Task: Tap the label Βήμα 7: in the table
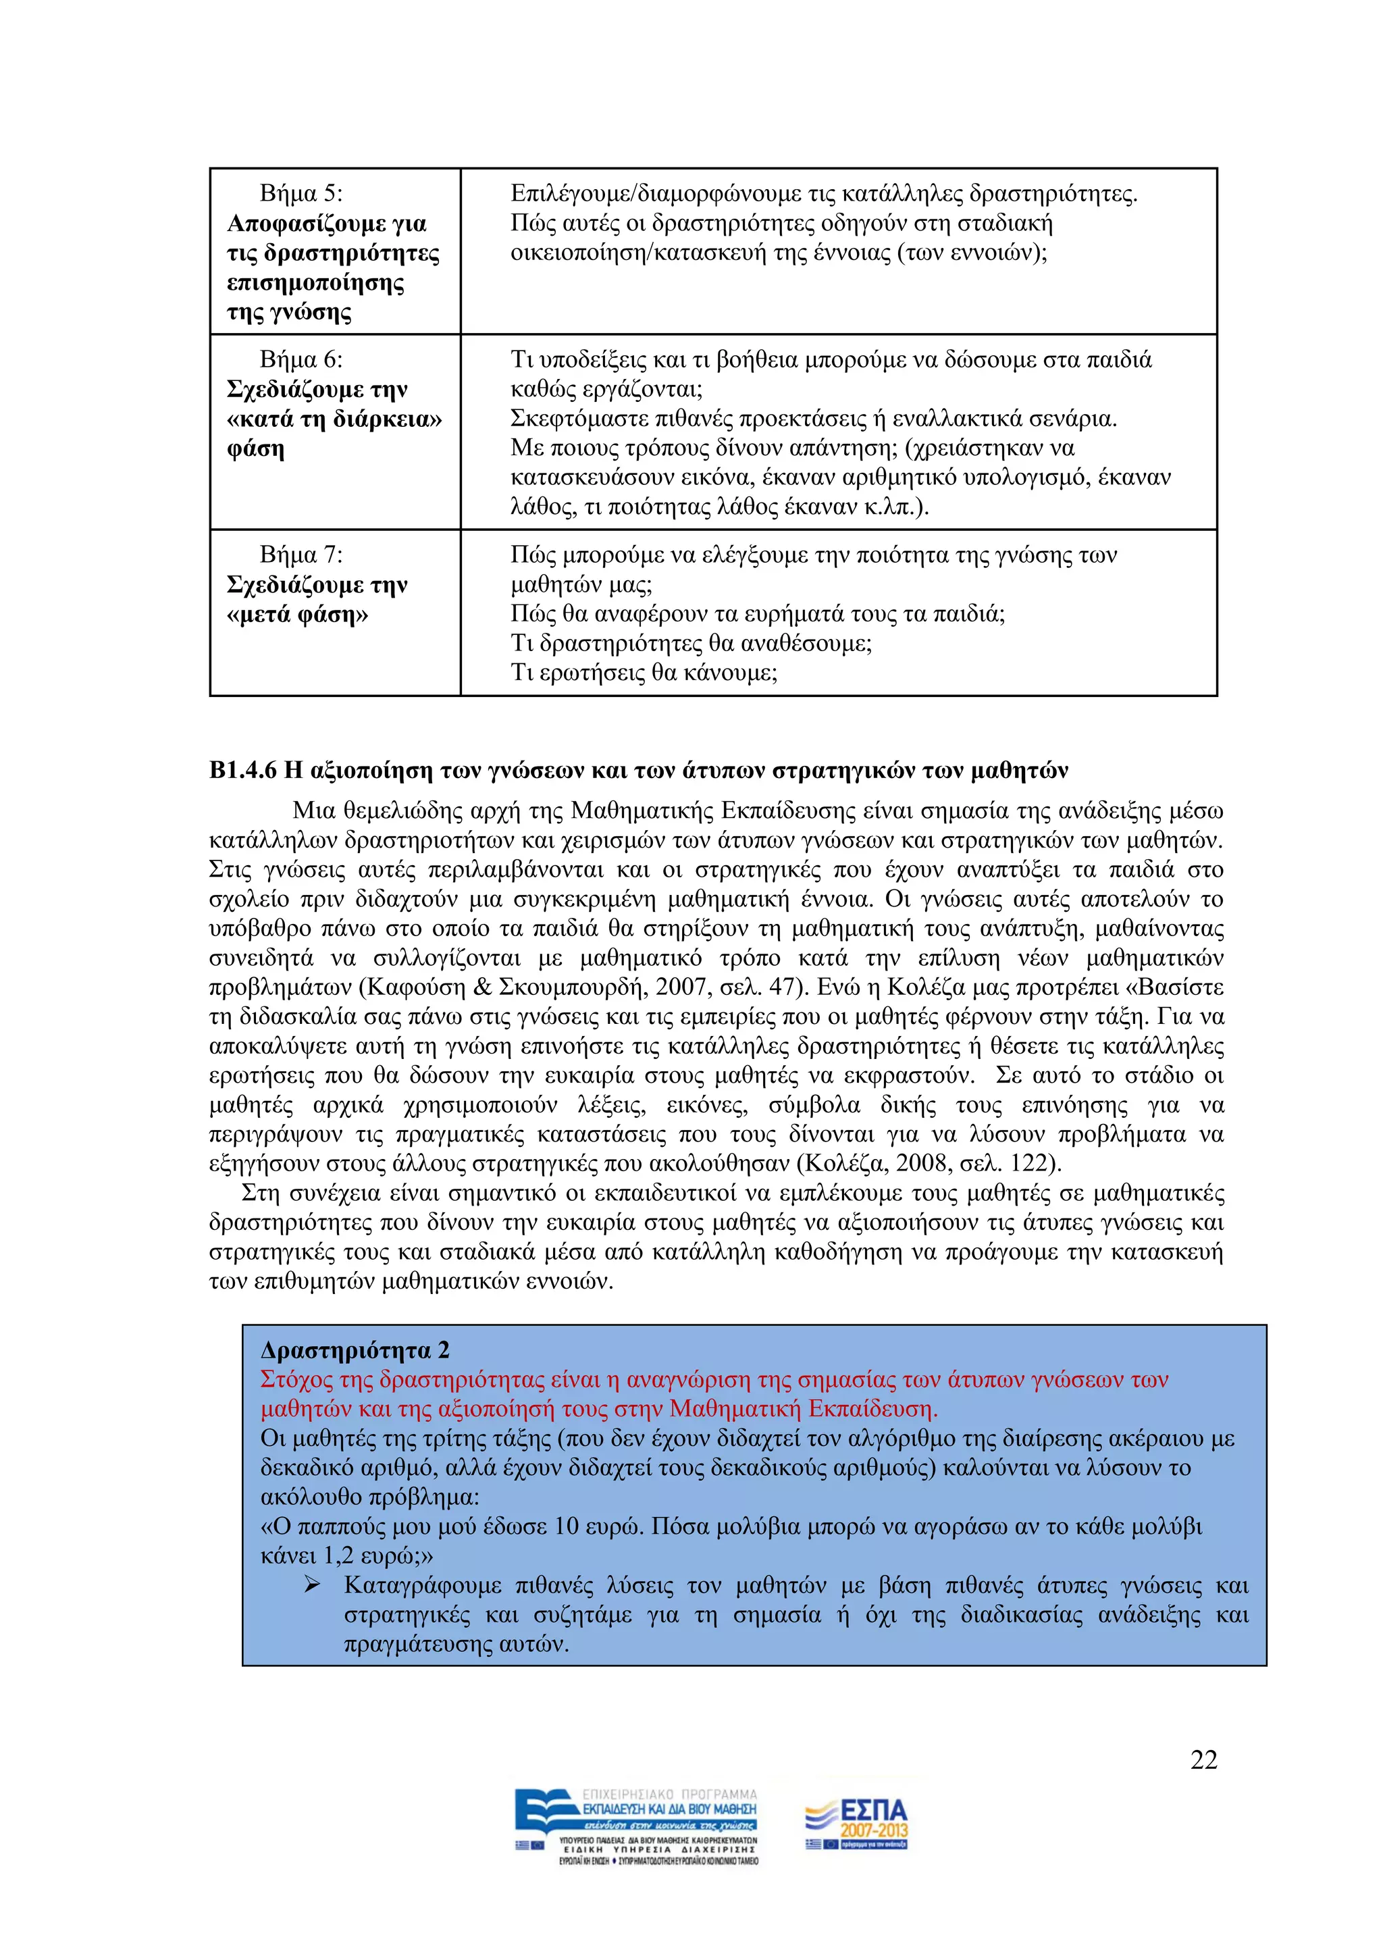coord(301,555)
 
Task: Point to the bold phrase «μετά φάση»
coord(297,613)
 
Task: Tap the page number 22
coord(1203,1759)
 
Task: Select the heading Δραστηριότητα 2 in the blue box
coord(355,1349)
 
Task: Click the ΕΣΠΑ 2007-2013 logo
coord(857,1824)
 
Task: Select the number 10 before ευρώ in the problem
coord(567,1526)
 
